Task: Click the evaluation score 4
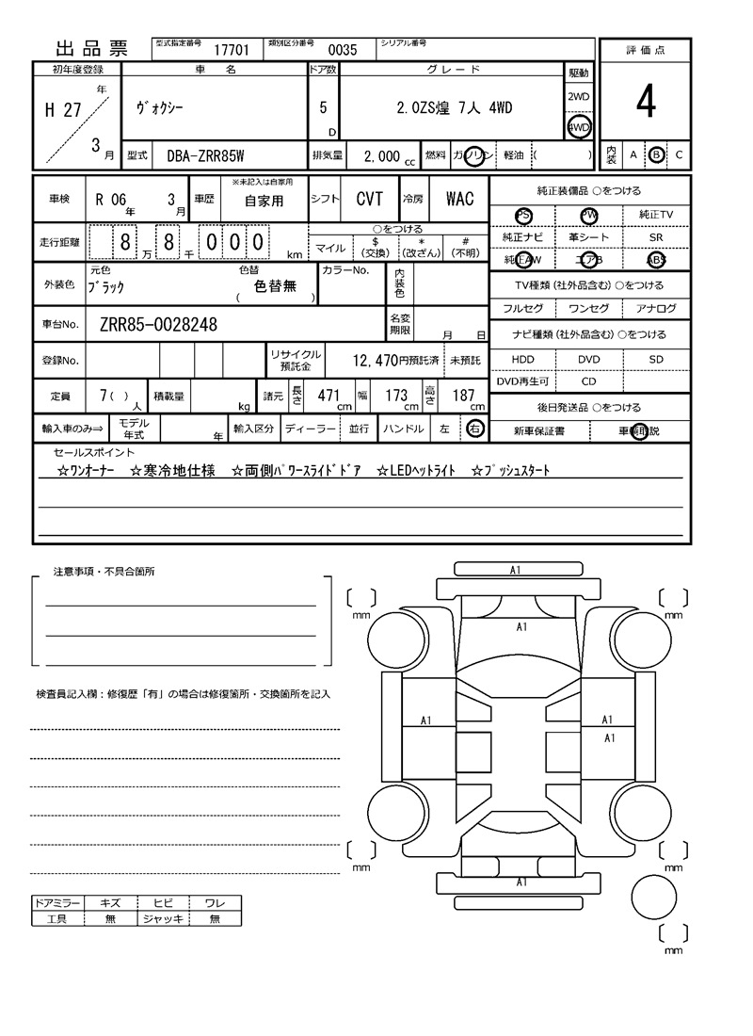[645, 103]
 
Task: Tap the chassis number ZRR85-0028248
[158, 325]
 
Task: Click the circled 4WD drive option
[578, 127]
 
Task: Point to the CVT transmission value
[369, 199]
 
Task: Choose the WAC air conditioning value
[459, 199]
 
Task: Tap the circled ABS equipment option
[656, 261]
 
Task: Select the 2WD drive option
[578, 97]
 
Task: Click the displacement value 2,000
[381, 156]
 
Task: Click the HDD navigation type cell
[522, 360]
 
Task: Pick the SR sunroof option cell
[656, 238]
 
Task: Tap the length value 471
[328, 396]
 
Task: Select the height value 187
[463, 396]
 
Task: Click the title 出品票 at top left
[92, 50]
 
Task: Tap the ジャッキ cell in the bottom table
[163, 918]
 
